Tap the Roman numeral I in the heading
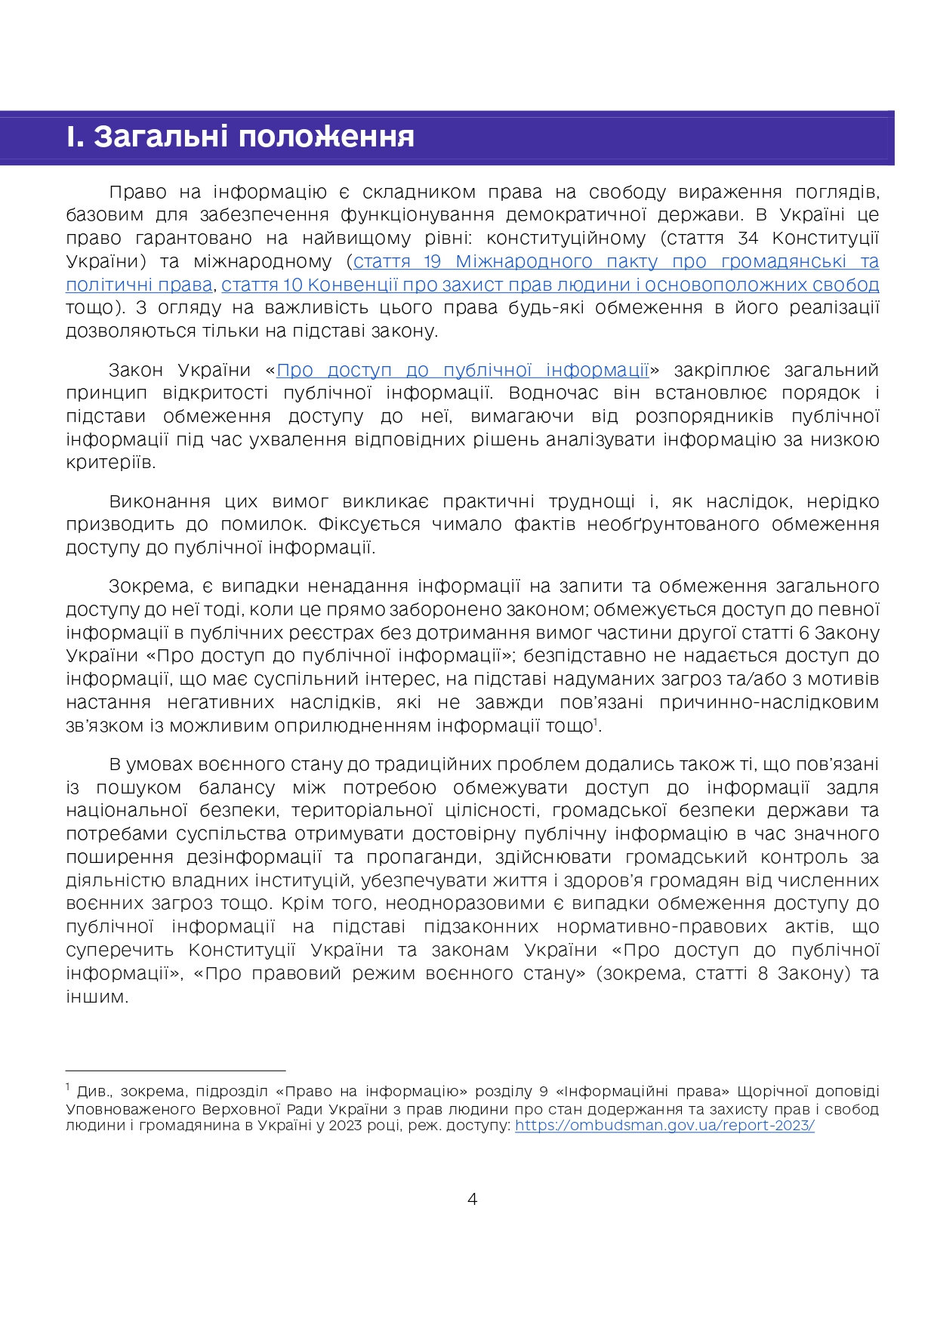(x=73, y=137)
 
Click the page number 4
(x=473, y=1199)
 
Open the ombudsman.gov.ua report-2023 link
(x=664, y=1125)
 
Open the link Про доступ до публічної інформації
(x=463, y=370)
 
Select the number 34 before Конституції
(x=747, y=239)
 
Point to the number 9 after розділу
(x=544, y=1092)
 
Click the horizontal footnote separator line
(x=175, y=1070)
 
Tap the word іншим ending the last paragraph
(x=96, y=997)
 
